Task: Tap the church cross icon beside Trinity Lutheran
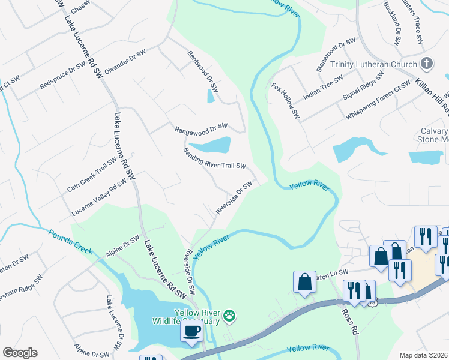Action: tap(427, 64)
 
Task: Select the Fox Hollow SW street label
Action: tap(285, 100)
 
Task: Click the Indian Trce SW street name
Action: tap(323, 87)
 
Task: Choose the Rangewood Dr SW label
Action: tap(201, 128)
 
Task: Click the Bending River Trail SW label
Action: tap(215, 158)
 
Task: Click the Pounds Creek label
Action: tap(71, 242)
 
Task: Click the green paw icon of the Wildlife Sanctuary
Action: tap(229, 315)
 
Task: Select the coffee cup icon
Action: tap(191, 331)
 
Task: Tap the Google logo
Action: tap(20, 353)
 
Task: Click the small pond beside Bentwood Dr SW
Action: tap(211, 95)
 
